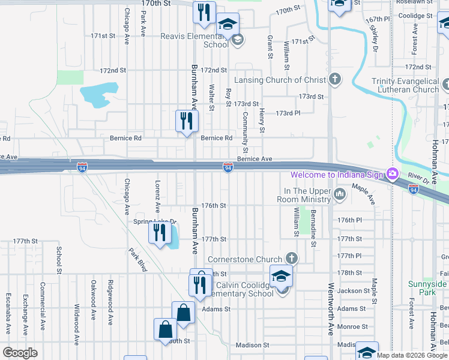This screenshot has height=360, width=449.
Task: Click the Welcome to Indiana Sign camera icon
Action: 393,174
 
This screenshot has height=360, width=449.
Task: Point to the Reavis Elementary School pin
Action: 228,25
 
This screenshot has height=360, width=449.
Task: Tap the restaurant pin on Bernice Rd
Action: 187,121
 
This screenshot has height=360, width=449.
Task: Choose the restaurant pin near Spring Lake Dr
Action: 160,232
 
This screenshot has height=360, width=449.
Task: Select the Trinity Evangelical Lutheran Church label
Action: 405,85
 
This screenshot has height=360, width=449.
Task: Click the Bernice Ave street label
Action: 255,159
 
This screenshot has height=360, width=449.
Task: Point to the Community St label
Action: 246,131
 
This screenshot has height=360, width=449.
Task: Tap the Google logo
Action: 20,353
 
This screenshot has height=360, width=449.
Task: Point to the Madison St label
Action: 252,345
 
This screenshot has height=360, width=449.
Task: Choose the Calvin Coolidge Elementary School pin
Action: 280,277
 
